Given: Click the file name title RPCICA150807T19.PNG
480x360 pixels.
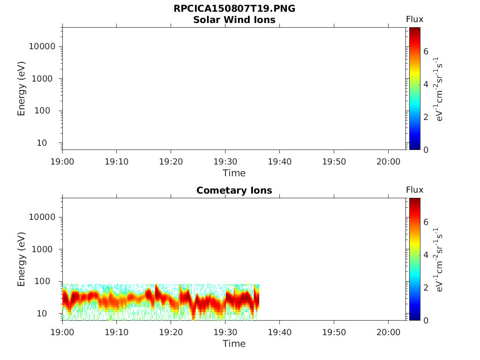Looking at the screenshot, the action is (234, 8).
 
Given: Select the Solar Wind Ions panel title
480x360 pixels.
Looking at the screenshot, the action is (234, 20).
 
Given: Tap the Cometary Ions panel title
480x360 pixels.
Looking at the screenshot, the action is (234, 190).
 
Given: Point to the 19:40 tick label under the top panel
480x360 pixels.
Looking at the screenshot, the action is (279, 162).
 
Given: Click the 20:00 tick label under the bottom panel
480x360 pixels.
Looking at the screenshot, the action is (388, 332).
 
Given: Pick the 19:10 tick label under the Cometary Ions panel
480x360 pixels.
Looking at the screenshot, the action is (116, 332).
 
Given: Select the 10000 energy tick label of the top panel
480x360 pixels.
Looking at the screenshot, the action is (42, 46).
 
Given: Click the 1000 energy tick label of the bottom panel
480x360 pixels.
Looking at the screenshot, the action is (44, 249).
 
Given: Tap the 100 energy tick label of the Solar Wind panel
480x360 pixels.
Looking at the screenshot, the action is (42, 111).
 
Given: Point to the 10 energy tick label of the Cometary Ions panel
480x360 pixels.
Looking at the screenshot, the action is (42, 314).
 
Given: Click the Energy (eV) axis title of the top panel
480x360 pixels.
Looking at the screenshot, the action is (21, 89).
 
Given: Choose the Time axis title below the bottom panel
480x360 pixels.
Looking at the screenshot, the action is (234, 344).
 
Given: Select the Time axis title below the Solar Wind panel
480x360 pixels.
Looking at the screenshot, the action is (234, 173).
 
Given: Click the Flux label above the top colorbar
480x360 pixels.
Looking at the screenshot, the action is (414, 19).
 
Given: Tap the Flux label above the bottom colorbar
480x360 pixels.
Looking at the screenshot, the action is (414, 190).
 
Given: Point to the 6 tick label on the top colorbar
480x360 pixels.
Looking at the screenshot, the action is (426, 52).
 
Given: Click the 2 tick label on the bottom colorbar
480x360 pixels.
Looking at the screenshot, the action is (426, 287).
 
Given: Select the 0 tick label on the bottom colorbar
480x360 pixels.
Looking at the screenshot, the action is (426, 321).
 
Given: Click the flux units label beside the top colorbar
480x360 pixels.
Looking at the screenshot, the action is (438, 89).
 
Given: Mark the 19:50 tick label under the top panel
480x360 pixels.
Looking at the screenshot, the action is (334, 162).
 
